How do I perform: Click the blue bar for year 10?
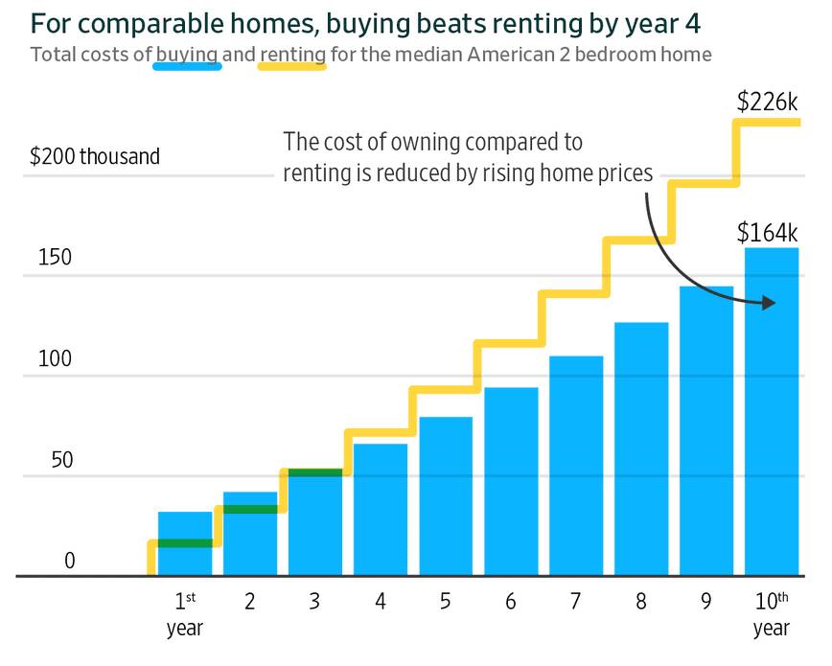tap(772, 412)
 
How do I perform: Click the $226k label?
tap(767, 102)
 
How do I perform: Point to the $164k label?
tap(767, 232)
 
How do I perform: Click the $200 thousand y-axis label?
tap(94, 156)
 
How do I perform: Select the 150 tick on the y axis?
tap(55, 258)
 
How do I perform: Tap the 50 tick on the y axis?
tap(61, 460)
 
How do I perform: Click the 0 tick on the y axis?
tap(69, 561)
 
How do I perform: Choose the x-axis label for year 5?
tap(446, 602)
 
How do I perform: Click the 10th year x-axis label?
tap(772, 613)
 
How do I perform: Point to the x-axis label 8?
tap(640, 602)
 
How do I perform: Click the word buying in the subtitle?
tap(187, 54)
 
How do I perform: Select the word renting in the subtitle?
tap(292, 54)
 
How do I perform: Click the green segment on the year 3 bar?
tap(315, 472)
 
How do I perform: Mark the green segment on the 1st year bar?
tap(185, 543)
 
